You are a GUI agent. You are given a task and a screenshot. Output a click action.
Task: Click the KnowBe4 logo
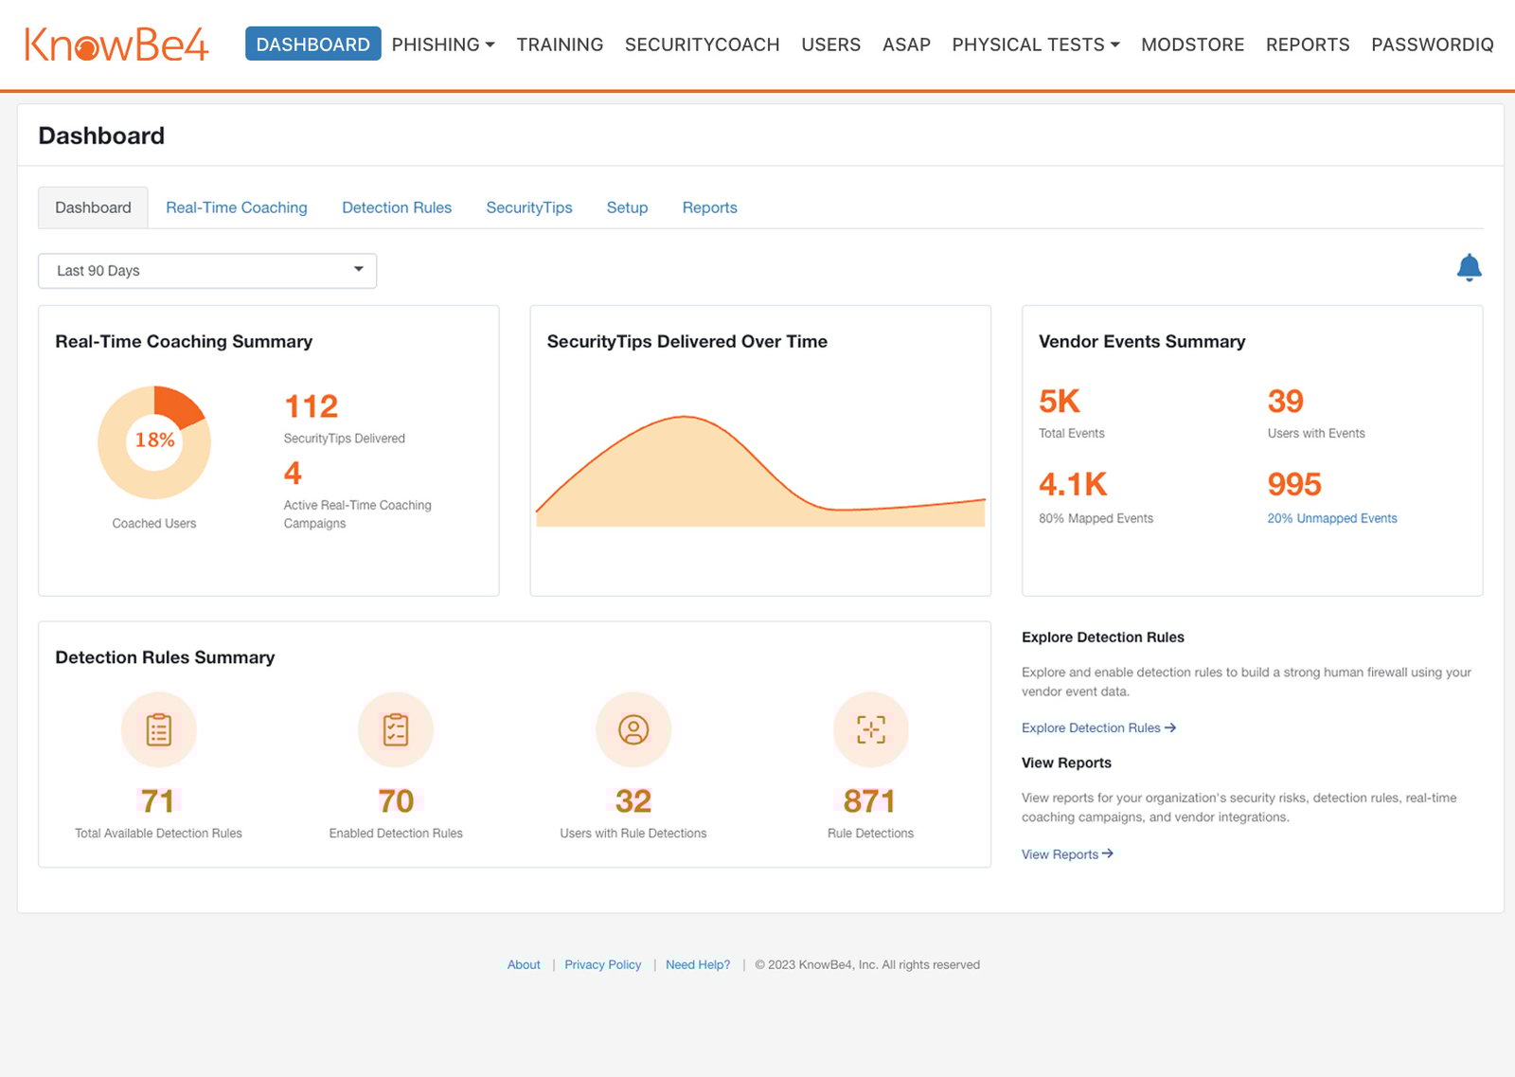tap(116, 44)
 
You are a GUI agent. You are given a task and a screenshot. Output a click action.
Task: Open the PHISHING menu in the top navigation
tap(442, 45)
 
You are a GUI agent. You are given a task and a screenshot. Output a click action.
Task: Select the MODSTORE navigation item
tap(1192, 45)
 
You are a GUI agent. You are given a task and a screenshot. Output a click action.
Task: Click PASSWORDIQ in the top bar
tap(1432, 45)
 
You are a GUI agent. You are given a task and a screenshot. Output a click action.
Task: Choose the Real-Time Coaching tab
tap(236, 207)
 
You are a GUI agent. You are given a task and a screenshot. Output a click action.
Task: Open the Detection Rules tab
tap(396, 207)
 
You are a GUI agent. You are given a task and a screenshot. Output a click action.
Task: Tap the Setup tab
tap(627, 207)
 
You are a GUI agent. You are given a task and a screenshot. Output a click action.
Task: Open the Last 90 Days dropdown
tap(207, 271)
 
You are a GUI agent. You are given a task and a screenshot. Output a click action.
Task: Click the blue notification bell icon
tap(1469, 268)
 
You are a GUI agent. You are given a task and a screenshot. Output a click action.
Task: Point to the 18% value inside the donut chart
tap(154, 440)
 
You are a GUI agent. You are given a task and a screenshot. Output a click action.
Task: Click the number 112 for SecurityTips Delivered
tap(311, 406)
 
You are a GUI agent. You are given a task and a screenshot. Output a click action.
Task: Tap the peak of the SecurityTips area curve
tap(684, 417)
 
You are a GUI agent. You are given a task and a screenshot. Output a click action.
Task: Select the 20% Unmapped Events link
tap(1331, 518)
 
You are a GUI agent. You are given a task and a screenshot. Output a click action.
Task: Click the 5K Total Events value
tap(1059, 402)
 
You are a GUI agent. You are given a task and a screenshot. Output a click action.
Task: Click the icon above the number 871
tap(870, 729)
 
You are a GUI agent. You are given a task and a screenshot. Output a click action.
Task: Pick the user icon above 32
tap(633, 729)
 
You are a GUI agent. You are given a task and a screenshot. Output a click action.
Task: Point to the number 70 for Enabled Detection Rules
tap(396, 801)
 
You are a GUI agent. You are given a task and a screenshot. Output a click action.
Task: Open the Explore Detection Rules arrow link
tap(1098, 727)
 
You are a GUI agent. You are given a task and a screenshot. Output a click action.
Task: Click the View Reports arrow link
tap(1067, 854)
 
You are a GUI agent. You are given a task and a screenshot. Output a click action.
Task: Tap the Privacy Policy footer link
tap(602, 964)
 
